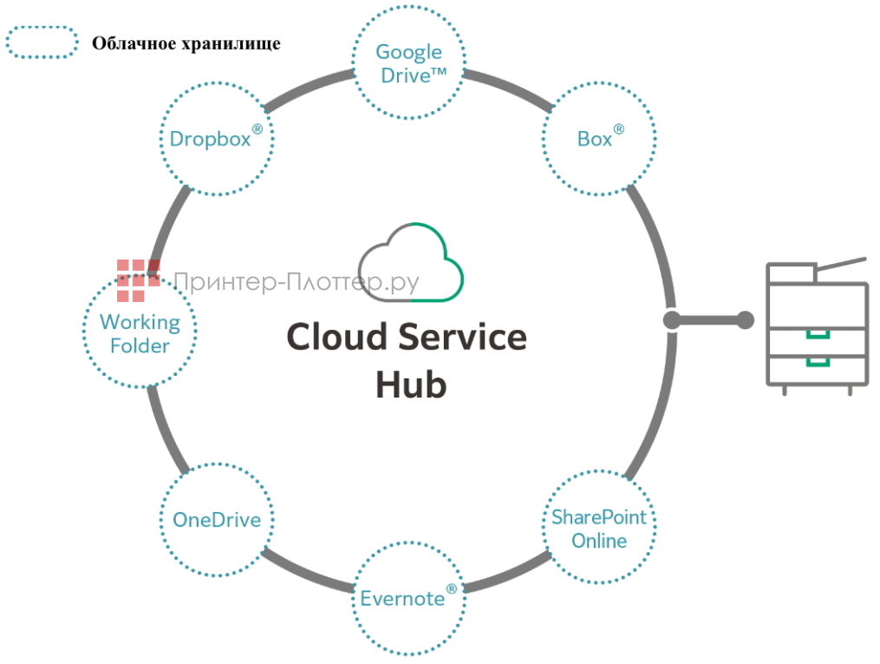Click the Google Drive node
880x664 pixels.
click(x=408, y=63)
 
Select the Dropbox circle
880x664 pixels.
click(x=216, y=138)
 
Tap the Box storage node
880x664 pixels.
click(x=599, y=137)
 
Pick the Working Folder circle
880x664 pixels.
click(x=140, y=333)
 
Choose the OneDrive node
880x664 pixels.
click(x=216, y=520)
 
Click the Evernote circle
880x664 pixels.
click(x=408, y=598)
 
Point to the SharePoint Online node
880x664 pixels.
click(x=599, y=528)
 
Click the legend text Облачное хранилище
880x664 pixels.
click(x=186, y=43)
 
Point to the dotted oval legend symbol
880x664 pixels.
click(x=42, y=43)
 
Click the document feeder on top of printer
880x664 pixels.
click(x=837, y=264)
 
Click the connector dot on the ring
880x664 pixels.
click(x=673, y=320)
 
